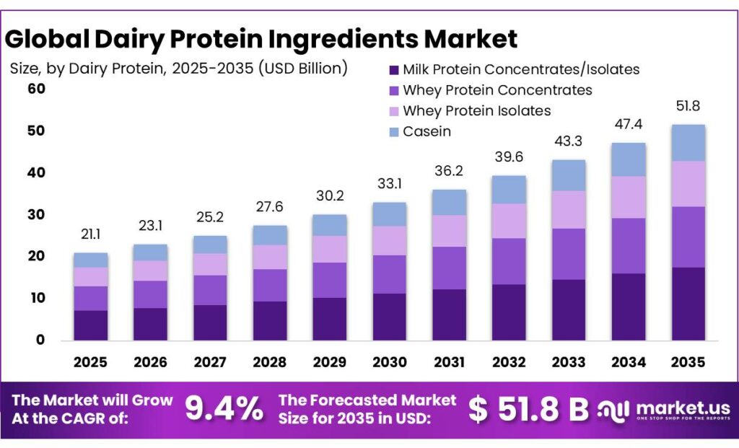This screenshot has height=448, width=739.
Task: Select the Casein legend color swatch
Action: pos(393,131)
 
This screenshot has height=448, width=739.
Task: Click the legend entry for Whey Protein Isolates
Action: pos(476,110)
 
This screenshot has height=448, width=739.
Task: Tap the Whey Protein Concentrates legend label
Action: pos(497,90)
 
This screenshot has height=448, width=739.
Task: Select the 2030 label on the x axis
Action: pos(389,362)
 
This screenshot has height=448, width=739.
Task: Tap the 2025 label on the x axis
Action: pos(90,362)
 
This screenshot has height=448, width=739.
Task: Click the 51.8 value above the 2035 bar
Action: pos(688,106)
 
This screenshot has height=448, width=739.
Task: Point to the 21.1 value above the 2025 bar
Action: pos(90,234)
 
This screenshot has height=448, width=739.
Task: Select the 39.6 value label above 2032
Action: pos(509,157)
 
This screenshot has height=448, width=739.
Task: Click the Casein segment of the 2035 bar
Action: pos(688,142)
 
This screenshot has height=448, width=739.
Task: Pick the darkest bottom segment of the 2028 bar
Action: pos(270,320)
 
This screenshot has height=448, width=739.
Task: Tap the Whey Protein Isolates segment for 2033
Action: pos(569,209)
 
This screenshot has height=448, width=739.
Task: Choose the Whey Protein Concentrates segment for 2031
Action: pos(449,268)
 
